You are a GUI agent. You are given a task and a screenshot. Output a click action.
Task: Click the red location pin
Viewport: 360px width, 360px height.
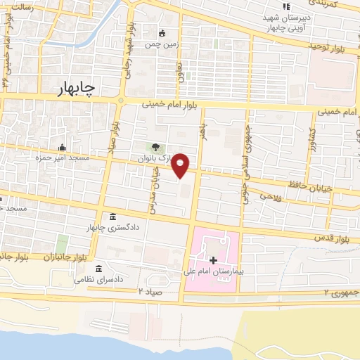[181, 165]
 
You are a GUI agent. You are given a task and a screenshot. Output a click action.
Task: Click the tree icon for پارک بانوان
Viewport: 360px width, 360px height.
[155, 148]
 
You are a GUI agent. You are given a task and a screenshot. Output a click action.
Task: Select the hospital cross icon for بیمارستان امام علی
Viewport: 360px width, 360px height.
[213, 260]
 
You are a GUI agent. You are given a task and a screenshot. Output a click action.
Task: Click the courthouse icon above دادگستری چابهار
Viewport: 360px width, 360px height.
[113, 217]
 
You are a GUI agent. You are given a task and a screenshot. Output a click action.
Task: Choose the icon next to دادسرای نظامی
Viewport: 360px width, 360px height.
[98, 270]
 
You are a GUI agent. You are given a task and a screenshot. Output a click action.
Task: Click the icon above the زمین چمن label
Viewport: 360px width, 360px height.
[162, 33]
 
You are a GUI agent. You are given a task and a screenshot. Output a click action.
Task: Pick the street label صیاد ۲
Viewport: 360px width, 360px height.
[150, 290]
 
